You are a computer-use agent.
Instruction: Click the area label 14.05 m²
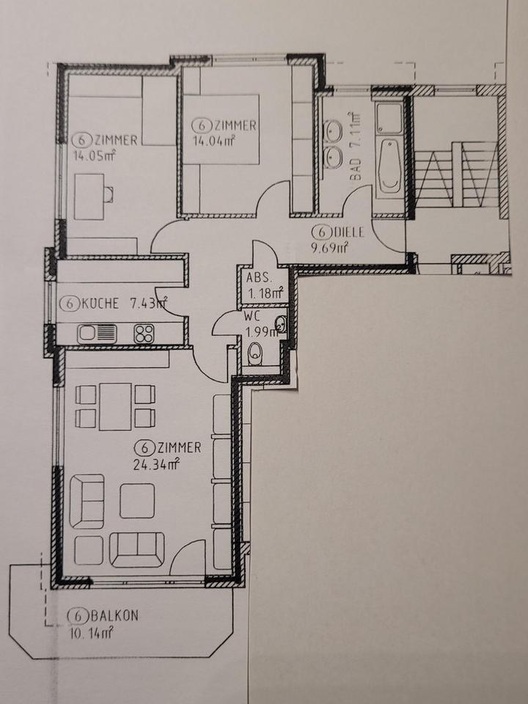[94, 155]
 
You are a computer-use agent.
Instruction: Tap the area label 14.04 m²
[213, 141]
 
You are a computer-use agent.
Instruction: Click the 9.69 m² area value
[329, 248]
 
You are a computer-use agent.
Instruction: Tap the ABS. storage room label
[258, 278]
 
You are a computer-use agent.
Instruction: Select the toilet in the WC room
[255, 356]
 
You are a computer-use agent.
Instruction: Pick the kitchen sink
[97, 333]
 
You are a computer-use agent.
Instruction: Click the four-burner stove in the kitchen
[143, 334]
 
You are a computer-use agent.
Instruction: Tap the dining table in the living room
[115, 406]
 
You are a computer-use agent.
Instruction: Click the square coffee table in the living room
[137, 501]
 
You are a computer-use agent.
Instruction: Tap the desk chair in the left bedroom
[109, 194]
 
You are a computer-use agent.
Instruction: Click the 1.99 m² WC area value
[261, 331]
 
